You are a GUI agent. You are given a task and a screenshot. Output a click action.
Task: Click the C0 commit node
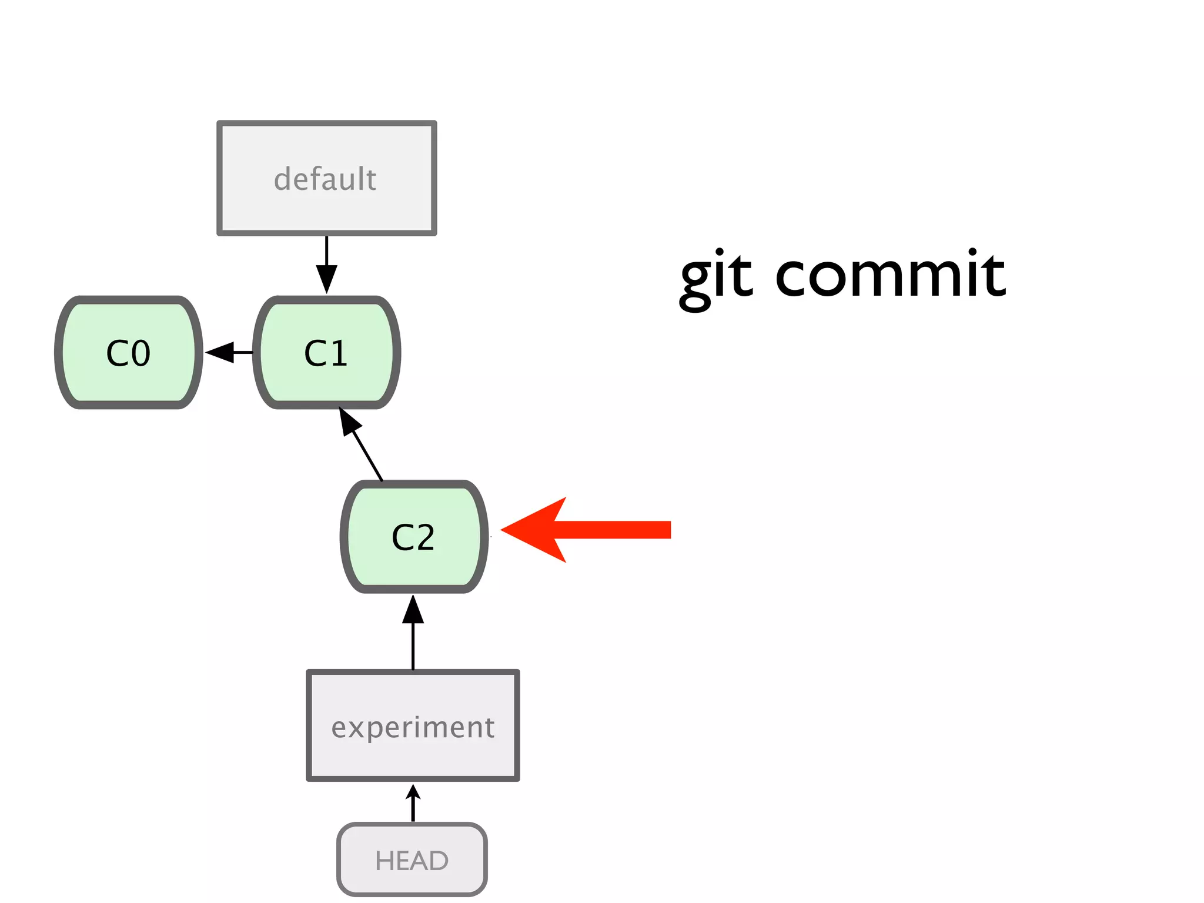point(128,353)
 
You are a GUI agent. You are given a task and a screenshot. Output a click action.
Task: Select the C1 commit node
point(326,353)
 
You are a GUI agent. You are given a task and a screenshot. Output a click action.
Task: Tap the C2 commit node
point(413,537)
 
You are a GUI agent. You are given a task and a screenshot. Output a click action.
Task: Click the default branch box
point(326,178)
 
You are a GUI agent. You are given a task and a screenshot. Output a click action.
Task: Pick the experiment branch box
point(413,725)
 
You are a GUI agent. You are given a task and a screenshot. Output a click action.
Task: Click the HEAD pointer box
point(412,859)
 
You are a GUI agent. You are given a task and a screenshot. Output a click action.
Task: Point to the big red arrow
point(588,530)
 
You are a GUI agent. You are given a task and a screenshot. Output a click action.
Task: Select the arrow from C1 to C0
point(229,352)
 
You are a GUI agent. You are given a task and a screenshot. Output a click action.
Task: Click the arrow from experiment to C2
point(413,632)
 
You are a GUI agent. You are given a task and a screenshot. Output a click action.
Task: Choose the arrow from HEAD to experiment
point(413,803)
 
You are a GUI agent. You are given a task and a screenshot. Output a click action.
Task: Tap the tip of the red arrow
point(504,530)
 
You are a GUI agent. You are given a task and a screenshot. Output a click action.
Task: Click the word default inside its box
point(325,179)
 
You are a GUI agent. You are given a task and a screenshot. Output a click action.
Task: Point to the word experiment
point(413,728)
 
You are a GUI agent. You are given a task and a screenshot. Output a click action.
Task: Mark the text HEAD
point(412,861)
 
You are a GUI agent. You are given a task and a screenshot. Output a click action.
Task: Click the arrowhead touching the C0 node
point(219,352)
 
